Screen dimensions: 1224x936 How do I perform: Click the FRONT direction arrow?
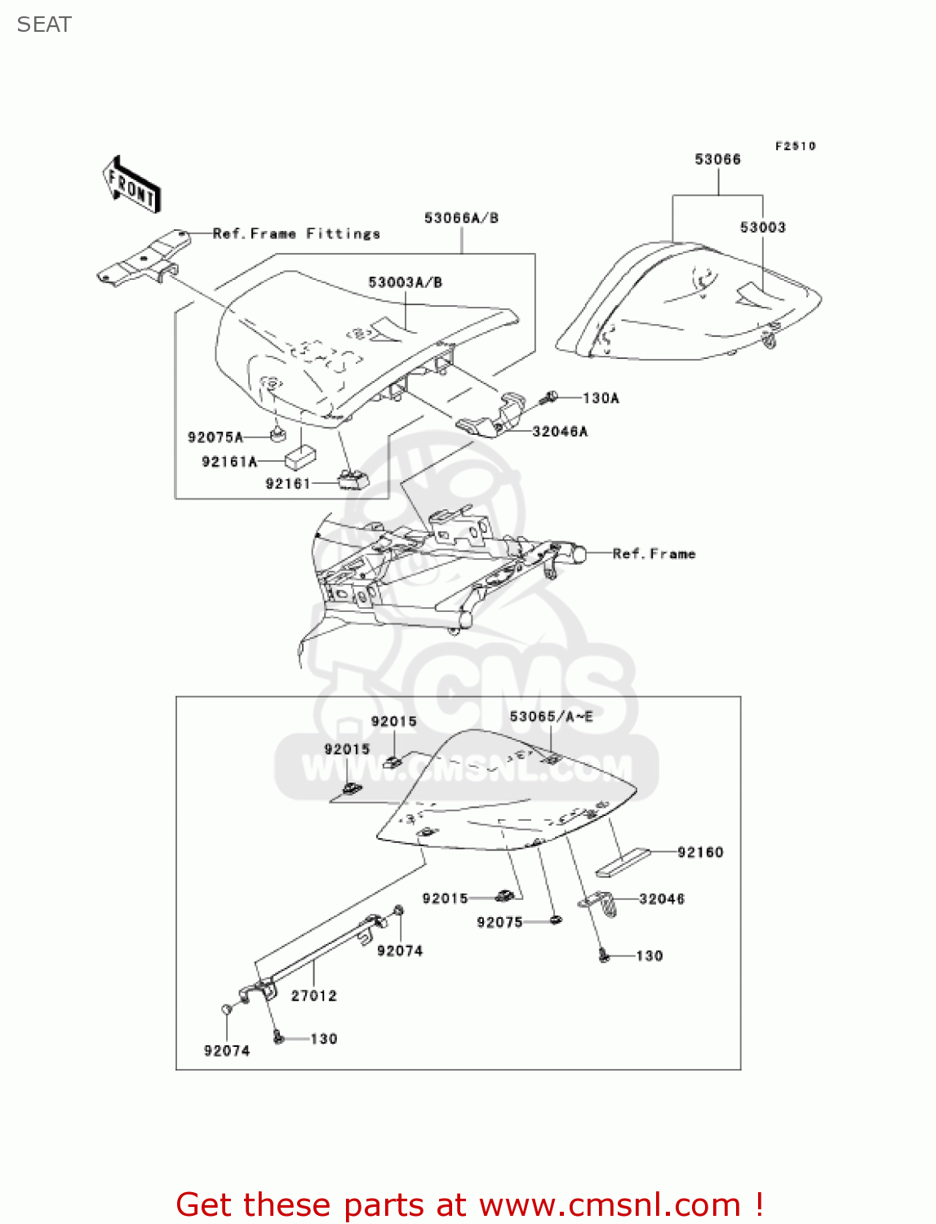click(131, 186)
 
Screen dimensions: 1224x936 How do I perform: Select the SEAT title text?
click(44, 24)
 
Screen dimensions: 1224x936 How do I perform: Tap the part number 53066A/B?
click(461, 218)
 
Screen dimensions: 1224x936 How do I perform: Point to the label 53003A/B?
click(405, 282)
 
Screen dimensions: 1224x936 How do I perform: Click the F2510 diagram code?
click(795, 146)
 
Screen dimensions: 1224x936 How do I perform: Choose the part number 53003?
click(762, 227)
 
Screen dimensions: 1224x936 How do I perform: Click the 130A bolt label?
click(601, 398)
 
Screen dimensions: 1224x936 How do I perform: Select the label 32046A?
click(560, 432)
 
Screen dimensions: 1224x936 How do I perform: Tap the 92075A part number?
click(215, 437)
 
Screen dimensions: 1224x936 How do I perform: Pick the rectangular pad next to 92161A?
click(301, 454)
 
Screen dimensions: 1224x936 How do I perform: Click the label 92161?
click(288, 484)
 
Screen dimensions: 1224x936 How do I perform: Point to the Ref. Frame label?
click(654, 554)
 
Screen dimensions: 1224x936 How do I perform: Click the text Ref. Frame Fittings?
click(296, 234)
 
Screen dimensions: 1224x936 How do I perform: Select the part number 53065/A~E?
click(551, 716)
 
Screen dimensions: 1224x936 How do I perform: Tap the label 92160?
click(700, 852)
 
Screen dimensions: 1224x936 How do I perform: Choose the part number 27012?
click(314, 996)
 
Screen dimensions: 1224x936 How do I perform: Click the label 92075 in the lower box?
click(499, 922)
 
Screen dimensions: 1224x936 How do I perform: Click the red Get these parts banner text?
click(469, 1204)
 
